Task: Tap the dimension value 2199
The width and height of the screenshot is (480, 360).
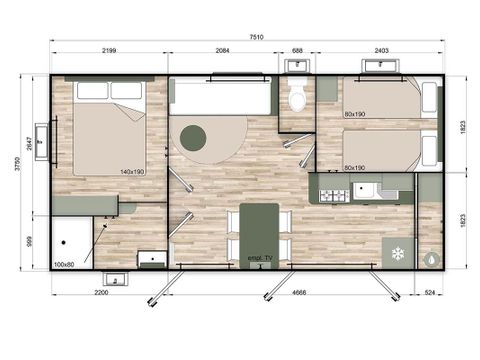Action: tap(112, 51)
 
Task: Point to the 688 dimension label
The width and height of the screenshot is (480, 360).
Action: tap(296, 51)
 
